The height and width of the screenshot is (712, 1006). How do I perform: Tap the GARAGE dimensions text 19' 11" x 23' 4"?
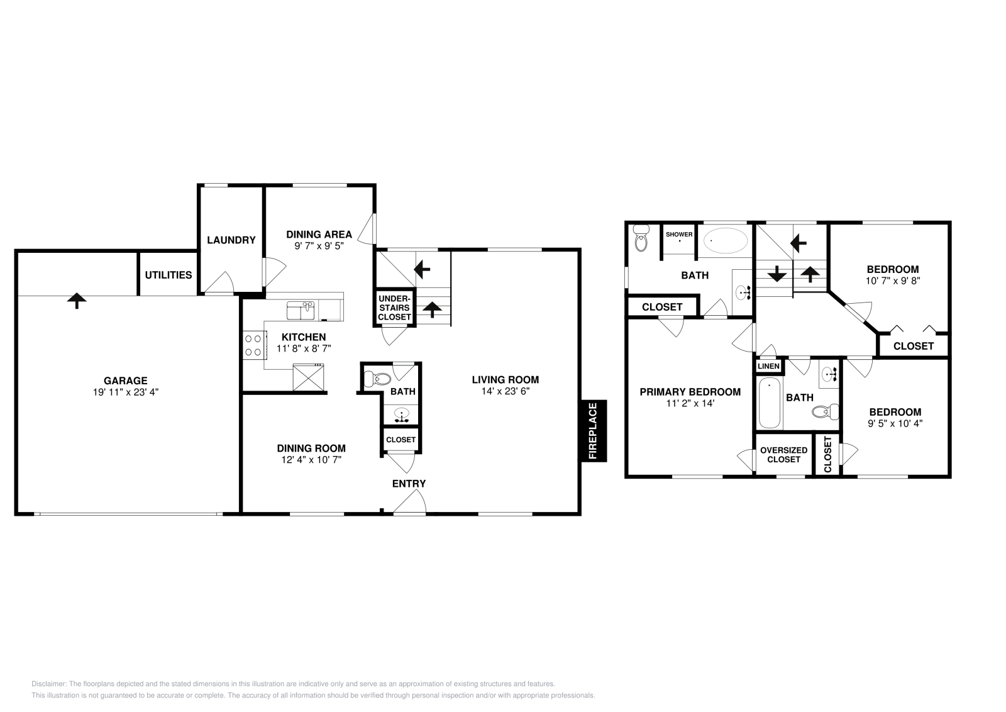tap(126, 391)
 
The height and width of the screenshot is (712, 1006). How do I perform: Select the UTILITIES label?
tap(169, 275)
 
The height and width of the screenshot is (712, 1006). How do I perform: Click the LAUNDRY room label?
tap(231, 240)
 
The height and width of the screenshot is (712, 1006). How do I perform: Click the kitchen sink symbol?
tap(301, 310)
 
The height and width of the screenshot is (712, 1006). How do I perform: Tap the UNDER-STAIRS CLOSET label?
tap(394, 308)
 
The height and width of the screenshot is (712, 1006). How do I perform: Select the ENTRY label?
tap(409, 483)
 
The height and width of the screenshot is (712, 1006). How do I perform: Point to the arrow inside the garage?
tap(77, 300)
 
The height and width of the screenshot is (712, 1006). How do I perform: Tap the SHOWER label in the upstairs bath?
tap(679, 234)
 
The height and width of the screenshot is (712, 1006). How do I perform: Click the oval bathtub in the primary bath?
tap(725, 240)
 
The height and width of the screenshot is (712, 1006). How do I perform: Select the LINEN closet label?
tap(768, 366)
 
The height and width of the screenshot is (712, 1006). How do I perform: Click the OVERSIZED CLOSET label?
tap(783, 455)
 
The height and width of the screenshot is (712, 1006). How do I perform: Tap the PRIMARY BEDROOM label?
tap(690, 392)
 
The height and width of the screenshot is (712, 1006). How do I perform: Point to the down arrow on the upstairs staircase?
tap(777, 274)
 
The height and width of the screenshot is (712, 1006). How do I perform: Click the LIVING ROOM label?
tap(506, 379)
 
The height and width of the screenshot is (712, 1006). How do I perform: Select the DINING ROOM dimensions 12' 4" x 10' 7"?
tap(311, 460)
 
